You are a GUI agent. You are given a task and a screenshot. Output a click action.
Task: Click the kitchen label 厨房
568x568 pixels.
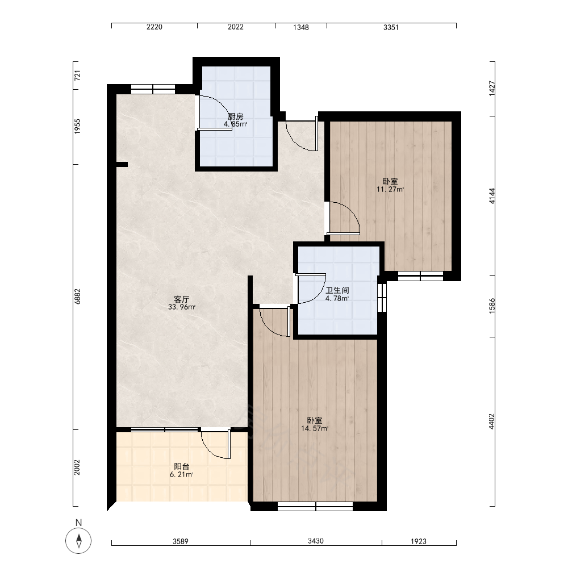(x=236, y=116)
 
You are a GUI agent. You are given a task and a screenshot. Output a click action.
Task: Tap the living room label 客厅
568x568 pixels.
(x=182, y=299)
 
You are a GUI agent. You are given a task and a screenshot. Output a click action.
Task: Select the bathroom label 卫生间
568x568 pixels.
(x=337, y=290)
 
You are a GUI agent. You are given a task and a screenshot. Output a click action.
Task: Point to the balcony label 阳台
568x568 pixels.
(x=182, y=466)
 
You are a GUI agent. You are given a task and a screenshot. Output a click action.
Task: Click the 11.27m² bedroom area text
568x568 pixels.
(x=390, y=189)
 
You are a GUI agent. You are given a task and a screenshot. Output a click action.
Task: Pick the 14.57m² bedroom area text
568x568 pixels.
(x=315, y=428)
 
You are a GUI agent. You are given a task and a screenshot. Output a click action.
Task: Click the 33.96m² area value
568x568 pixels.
(x=182, y=307)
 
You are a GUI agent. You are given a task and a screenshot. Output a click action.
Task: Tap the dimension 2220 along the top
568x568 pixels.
(x=154, y=27)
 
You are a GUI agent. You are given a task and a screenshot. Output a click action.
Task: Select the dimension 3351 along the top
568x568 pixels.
(x=391, y=27)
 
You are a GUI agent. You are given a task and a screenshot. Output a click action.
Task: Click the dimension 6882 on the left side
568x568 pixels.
(x=77, y=296)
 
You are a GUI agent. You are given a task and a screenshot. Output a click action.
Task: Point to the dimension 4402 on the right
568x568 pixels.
(x=491, y=421)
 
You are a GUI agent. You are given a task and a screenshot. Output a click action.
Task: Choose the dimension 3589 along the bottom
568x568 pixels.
(x=181, y=541)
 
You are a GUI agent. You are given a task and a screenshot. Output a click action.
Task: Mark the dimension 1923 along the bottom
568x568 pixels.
(x=419, y=541)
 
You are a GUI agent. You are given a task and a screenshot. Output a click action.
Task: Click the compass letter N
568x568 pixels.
(x=78, y=523)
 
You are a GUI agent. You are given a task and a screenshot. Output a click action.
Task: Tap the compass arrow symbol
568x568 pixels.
(x=78, y=541)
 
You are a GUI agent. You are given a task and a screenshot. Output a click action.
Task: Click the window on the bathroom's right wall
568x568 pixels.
(x=382, y=297)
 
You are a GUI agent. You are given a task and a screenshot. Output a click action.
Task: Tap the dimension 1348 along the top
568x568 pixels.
(x=301, y=27)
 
